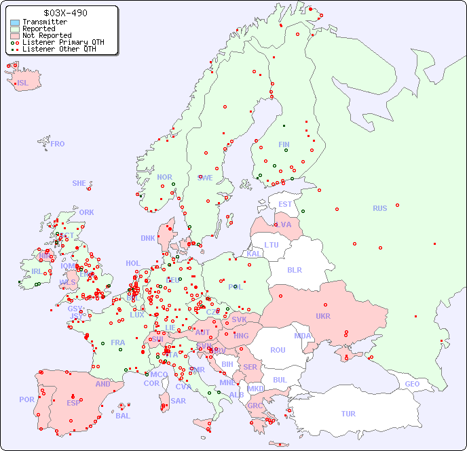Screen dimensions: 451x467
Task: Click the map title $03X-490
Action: click(x=64, y=13)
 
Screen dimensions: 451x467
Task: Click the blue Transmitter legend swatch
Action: click(x=15, y=22)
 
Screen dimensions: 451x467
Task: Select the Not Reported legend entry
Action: click(x=46, y=35)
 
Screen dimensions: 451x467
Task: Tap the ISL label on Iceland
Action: click(x=23, y=83)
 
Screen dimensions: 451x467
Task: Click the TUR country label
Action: click(x=348, y=414)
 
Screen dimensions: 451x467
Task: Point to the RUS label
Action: click(x=379, y=208)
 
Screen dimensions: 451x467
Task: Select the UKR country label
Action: click(x=323, y=316)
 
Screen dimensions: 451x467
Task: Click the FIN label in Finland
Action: click(x=284, y=144)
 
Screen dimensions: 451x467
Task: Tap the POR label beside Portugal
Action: click(x=26, y=399)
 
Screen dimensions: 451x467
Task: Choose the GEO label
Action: click(x=412, y=384)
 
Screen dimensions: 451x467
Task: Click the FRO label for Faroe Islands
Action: click(x=58, y=144)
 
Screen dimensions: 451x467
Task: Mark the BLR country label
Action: click(x=294, y=269)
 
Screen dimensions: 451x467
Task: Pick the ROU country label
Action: click(x=278, y=350)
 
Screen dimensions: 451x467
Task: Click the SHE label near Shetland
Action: click(x=79, y=183)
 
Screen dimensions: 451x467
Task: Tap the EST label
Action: click(x=285, y=204)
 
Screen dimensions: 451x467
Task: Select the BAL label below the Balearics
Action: click(x=122, y=416)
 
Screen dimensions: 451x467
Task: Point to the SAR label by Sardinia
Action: click(x=178, y=401)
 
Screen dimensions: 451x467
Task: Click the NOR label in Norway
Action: click(x=164, y=177)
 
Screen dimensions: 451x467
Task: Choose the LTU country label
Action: click(x=272, y=245)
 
